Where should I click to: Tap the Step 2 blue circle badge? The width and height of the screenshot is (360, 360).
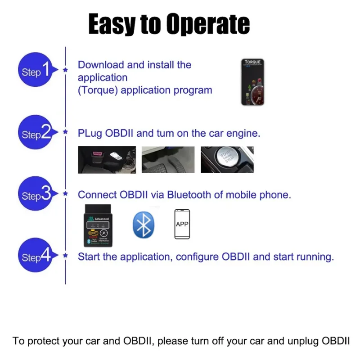click(x=36, y=133)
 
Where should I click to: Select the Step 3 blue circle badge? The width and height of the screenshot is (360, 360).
click(x=36, y=194)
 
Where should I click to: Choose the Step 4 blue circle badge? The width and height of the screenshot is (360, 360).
click(x=36, y=256)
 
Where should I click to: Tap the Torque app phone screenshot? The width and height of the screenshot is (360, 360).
click(x=252, y=82)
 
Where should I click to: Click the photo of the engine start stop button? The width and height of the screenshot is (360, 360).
click(x=227, y=160)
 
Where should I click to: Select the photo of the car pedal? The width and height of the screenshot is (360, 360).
click(x=168, y=160)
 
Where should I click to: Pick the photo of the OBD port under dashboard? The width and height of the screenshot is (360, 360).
click(x=107, y=160)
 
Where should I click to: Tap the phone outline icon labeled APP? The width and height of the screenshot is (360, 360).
click(x=182, y=224)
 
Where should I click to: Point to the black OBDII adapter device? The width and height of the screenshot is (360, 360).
click(x=99, y=225)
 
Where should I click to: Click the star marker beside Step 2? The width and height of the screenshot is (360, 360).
click(x=66, y=132)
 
